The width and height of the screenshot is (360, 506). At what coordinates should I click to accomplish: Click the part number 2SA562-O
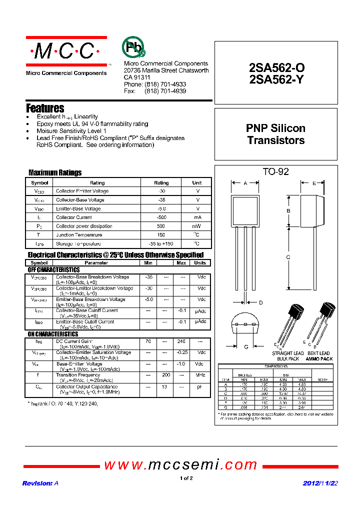click(276, 68)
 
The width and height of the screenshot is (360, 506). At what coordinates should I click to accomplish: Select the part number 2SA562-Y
click(276, 79)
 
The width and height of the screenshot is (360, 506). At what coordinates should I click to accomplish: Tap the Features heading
click(45, 108)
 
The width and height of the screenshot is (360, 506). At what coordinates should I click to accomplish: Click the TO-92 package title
click(275, 172)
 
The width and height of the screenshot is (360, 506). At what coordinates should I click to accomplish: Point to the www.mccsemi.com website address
click(180, 465)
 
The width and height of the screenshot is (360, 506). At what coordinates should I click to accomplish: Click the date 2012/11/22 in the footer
click(320, 483)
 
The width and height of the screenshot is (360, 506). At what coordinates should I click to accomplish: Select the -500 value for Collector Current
click(161, 217)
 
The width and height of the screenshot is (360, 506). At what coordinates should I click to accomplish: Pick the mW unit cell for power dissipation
click(197, 226)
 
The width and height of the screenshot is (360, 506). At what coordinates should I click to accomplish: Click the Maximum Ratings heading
click(55, 172)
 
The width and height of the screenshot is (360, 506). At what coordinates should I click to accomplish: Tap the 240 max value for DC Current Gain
click(181, 341)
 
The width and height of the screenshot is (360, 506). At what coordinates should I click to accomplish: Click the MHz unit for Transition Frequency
click(200, 375)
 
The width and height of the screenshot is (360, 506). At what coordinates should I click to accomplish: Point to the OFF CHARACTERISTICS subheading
click(53, 270)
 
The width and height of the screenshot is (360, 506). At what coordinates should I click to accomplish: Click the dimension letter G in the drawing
click(246, 347)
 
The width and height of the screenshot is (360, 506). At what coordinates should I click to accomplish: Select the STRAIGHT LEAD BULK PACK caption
click(287, 356)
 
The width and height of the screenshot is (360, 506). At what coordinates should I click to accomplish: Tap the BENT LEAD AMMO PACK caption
click(319, 356)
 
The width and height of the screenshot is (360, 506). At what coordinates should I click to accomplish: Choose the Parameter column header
click(96, 263)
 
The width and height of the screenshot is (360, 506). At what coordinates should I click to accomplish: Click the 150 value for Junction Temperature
click(161, 235)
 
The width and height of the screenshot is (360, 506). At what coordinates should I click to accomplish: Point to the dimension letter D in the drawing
click(260, 302)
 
